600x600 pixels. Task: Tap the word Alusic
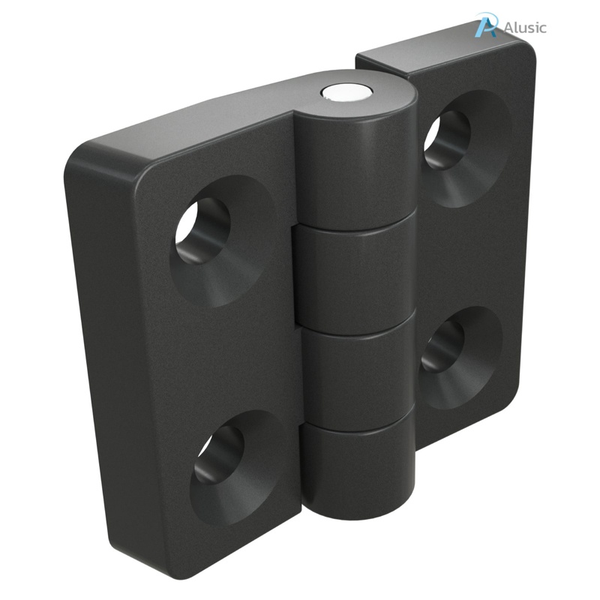click(525, 28)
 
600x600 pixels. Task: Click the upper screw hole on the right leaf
click(447, 139)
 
